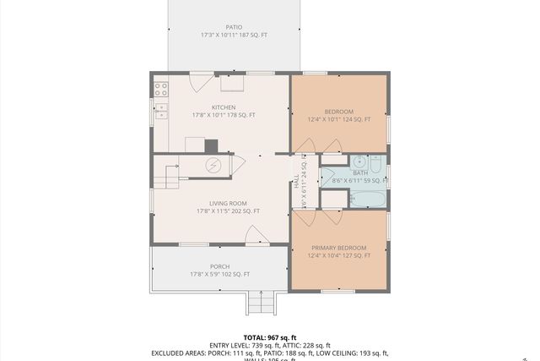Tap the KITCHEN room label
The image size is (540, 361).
pos(224,107)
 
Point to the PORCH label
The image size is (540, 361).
pos(219,266)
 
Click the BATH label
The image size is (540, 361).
pos(360,172)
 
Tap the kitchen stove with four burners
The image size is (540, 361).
pos(159,87)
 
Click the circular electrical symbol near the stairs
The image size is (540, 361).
pos(214,165)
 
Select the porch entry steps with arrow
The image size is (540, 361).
pos(261,301)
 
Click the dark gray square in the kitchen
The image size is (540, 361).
pos(211,145)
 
